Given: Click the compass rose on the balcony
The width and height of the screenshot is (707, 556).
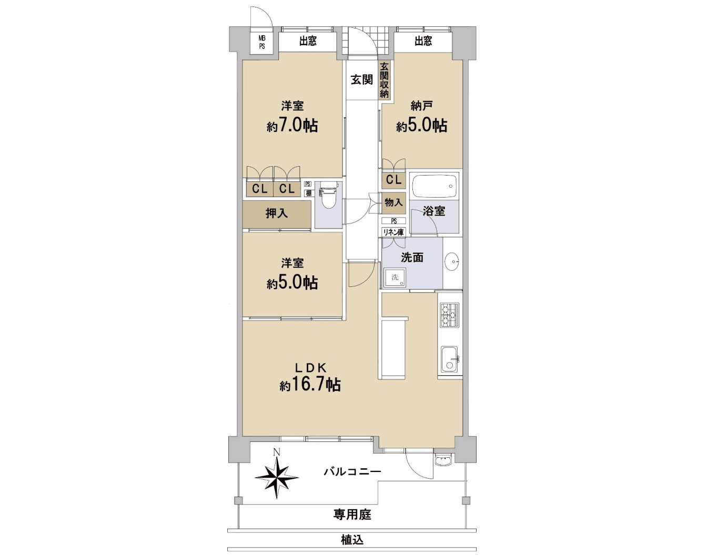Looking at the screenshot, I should (277, 477).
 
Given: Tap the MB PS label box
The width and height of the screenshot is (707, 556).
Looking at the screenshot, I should (262, 42).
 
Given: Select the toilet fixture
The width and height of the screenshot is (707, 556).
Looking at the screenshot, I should (328, 195).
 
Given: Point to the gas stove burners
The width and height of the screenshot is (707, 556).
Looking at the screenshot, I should (449, 315).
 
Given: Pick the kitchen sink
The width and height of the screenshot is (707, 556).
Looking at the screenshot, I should (449, 359).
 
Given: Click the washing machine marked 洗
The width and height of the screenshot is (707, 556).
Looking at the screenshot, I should (395, 277).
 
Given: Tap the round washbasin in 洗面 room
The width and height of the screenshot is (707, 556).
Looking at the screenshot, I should (452, 261).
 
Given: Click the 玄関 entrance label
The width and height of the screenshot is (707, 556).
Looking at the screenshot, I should (362, 80).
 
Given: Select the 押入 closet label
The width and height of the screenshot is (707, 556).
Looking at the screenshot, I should (277, 213).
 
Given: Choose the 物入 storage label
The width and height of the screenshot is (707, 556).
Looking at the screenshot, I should (393, 202).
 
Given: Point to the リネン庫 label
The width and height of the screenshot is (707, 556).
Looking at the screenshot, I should (393, 232).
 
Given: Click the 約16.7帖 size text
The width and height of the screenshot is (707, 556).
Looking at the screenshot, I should (310, 385).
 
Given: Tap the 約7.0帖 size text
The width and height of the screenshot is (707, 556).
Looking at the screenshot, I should (292, 126).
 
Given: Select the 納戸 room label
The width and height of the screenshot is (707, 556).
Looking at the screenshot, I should (422, 106).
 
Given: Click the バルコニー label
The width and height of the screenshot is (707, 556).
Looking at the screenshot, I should (352, 471).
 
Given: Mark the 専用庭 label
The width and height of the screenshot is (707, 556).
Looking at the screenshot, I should (352, 514).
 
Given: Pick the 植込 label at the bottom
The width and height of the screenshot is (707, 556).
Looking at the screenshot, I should (352, 540).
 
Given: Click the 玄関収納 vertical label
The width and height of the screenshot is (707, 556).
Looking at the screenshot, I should (385, 80).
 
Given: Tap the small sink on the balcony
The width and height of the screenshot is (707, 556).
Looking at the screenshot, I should (443, 461).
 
